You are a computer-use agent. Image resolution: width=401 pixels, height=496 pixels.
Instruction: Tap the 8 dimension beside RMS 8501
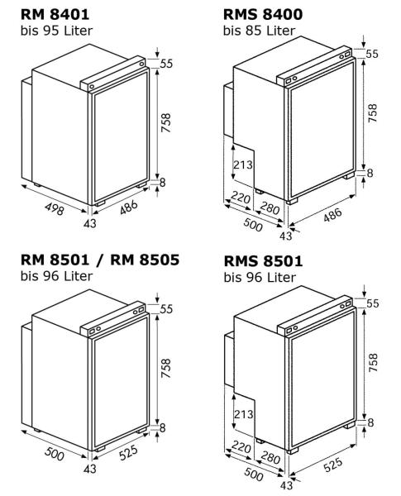pyautogui.click(x=371, y=422)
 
